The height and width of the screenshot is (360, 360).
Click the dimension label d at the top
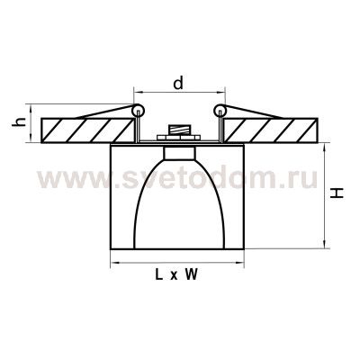coord(178,83)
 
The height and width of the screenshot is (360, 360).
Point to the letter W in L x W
coord(192,277)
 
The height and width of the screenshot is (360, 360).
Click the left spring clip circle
coord(137,111)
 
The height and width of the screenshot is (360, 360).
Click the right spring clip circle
coord(220,111)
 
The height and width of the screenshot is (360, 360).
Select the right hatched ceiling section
coord(279,129)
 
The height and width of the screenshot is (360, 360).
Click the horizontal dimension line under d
coord(178,94)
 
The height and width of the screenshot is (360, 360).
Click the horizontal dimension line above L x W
coord(178,265)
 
